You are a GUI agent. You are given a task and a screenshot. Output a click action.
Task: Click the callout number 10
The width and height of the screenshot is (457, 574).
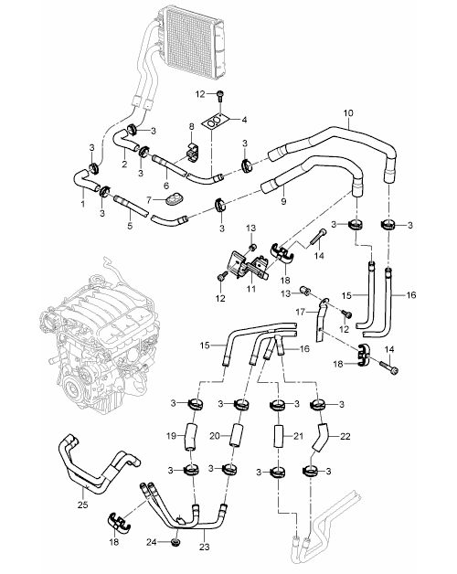click(348, 113)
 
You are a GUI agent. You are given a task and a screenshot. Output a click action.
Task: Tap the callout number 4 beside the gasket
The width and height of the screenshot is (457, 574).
click(244, 120)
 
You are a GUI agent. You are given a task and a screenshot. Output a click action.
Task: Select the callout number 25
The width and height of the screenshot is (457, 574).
click(83, 505)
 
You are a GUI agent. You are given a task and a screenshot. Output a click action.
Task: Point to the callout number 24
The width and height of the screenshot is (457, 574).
click(152, 542)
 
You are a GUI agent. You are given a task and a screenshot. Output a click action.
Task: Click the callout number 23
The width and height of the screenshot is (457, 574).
click(205, 547)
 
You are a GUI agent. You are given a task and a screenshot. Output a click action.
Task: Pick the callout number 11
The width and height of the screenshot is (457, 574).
click(250, 289)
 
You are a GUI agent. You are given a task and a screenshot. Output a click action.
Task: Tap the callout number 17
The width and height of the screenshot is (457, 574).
click(301, 312)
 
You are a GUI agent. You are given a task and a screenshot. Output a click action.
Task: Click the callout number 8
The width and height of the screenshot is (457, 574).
click(191, 127)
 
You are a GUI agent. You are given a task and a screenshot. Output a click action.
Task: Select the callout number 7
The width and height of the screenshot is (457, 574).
click(149, 200)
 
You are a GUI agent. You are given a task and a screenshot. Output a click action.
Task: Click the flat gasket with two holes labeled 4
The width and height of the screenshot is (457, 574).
click(215, 122)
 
